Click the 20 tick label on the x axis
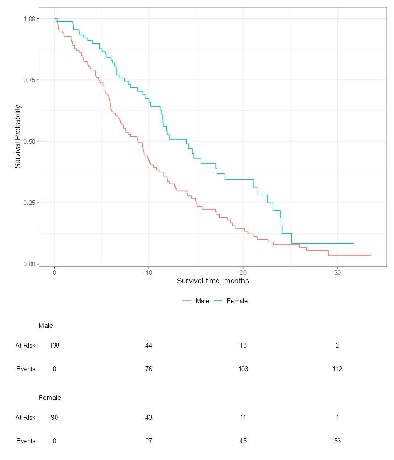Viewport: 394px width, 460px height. point(243,272)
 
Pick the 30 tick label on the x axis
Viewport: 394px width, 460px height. point(338,272)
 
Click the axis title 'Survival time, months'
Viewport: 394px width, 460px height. point(213,281)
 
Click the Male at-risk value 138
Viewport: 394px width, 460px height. point(55,345)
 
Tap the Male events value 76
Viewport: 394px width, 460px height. point(149,369)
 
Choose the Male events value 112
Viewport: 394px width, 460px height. point(338,369)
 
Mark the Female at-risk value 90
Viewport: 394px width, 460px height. point(55,417)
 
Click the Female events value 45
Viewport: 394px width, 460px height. point(243,441)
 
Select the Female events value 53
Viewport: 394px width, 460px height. point(338,441)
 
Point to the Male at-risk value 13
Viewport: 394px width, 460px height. point(243,345)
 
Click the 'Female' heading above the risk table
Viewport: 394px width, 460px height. point(49,398)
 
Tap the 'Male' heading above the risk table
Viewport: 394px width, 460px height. point(46,326)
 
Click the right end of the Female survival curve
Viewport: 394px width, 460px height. point(353,243)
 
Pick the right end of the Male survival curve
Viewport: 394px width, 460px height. point(371,255)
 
